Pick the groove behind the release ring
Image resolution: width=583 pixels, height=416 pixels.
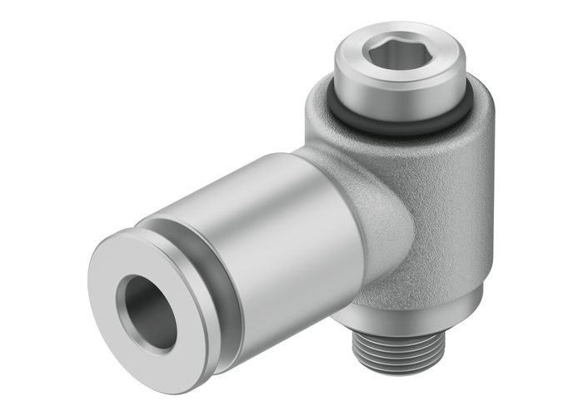tap(196, 250)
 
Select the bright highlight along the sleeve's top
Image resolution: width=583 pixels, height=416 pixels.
tap(250, 175)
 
